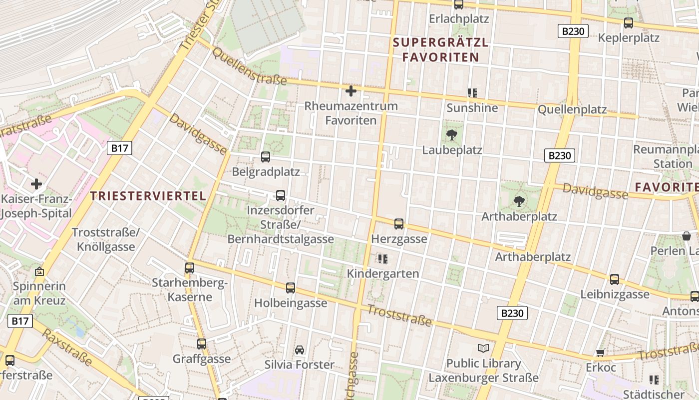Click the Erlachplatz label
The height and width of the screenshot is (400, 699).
[459, 19]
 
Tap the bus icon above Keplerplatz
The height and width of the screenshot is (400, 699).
[629, 23]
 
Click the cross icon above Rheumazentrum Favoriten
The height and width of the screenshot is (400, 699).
[351, 91]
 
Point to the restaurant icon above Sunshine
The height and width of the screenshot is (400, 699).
[472, 92]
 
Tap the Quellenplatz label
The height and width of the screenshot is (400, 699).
[572, 109]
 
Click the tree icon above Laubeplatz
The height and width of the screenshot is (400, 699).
[452, 134]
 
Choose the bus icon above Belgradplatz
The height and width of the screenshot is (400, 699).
[266, 157]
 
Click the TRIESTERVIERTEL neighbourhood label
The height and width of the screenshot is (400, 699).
[149, 196]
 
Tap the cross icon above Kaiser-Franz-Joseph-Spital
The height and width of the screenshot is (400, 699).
[36, 184]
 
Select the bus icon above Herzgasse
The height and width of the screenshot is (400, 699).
[399, 224]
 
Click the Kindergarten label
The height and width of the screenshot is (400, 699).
[383, 273]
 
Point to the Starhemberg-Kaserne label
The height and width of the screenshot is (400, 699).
[190, 290]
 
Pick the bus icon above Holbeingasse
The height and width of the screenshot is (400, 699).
[291, 288]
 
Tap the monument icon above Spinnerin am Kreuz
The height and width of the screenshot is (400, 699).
[39, 272]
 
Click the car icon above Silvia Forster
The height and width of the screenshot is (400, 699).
[300, 349]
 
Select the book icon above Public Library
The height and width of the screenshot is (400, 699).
[483, 348]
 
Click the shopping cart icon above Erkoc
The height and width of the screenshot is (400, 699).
[601, 352]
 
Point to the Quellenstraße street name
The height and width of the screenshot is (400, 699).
[250, 66]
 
